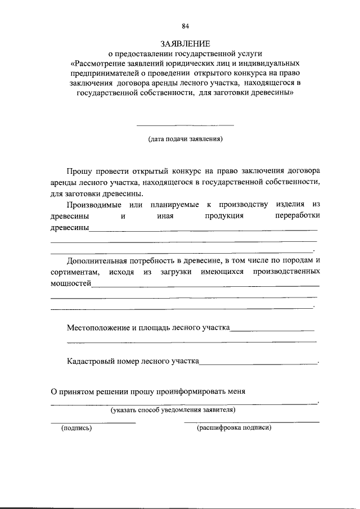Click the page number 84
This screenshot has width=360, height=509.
186,26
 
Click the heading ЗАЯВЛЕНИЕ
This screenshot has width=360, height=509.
185,43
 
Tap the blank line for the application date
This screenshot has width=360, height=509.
185,124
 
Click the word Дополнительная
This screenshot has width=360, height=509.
97,260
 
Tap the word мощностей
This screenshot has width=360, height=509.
71,283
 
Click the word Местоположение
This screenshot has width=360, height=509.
98,327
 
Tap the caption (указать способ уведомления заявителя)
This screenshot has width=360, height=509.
173,410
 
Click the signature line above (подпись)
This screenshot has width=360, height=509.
93,422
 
